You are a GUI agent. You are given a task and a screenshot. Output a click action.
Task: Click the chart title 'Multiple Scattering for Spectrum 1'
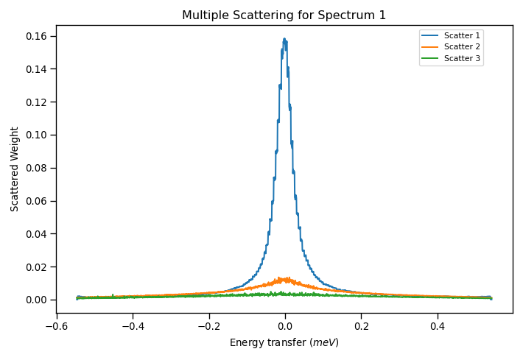pyautogui.click(x=284, y=15)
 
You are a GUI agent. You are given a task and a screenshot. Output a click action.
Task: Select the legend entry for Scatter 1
pyautogui.click(x=462, y=35)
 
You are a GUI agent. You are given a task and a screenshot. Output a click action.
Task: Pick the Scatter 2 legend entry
pyautogui.click(x=462, y=46)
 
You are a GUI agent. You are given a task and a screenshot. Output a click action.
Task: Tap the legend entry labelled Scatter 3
pyautogui.click(x=462, y=58)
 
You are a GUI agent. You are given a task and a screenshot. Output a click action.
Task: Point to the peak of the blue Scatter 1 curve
pyautogui.click(x=284, y=39)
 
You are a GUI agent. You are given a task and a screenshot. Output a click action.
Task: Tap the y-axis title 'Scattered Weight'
pyautogui.click(x=15, y=169)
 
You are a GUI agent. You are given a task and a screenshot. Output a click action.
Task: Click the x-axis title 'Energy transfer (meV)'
pyautogui.click(x=284, y=342)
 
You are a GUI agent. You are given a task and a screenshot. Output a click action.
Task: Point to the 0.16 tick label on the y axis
pyautogui.click(x=36, y=36)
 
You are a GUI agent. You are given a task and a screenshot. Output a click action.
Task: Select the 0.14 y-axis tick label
pyautogui.click(x=36, y=69)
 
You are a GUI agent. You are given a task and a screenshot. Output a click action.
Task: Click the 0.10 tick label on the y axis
pyautogui.click(x=36, y=135)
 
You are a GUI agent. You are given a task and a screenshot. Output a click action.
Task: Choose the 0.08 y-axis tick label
pyautogui.click(x=36, y=168)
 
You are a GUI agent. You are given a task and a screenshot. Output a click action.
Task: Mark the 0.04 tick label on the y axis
pyautogui.click(x=36, y=234)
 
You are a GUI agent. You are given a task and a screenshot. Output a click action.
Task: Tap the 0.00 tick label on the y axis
pyautogui.click(x=36, y=300)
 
